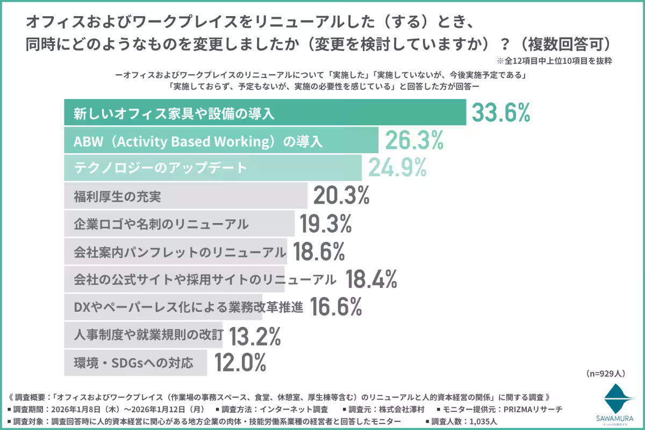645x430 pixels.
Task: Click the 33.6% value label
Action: click(501, 113)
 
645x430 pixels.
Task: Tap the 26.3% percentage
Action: click(414, 141)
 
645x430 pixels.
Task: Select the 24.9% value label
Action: click(398, 168)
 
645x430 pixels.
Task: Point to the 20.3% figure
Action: click(341, 196)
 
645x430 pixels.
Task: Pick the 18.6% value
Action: click(318, 251)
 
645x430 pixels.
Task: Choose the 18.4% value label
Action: click(371, 279)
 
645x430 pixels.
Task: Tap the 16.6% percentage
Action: click(335, 306)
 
